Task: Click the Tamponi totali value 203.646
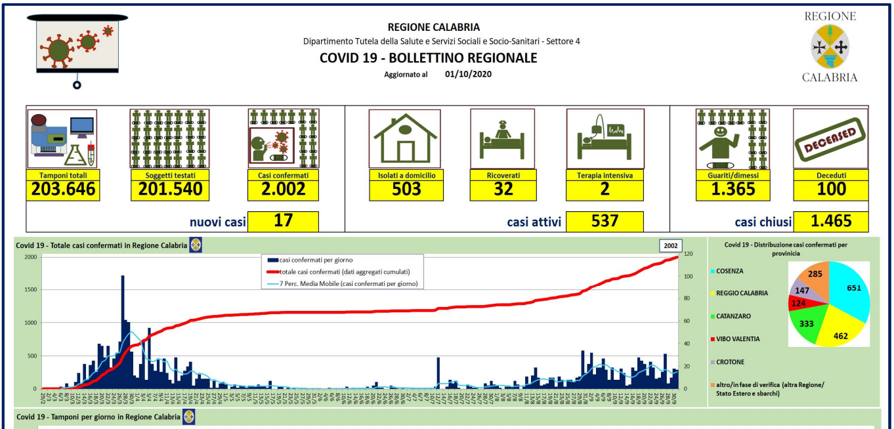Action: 63,190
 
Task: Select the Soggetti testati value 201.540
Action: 170,190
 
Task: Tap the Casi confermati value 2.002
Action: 283,190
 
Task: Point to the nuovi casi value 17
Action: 283,220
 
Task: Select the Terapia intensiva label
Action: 605,175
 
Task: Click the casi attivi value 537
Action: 605,220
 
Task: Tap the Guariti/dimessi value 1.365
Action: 733,190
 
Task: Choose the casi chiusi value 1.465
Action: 830,220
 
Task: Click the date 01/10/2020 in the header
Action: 468,74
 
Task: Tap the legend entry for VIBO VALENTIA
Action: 738,339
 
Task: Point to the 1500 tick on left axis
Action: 31,290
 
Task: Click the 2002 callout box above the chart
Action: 670,246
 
